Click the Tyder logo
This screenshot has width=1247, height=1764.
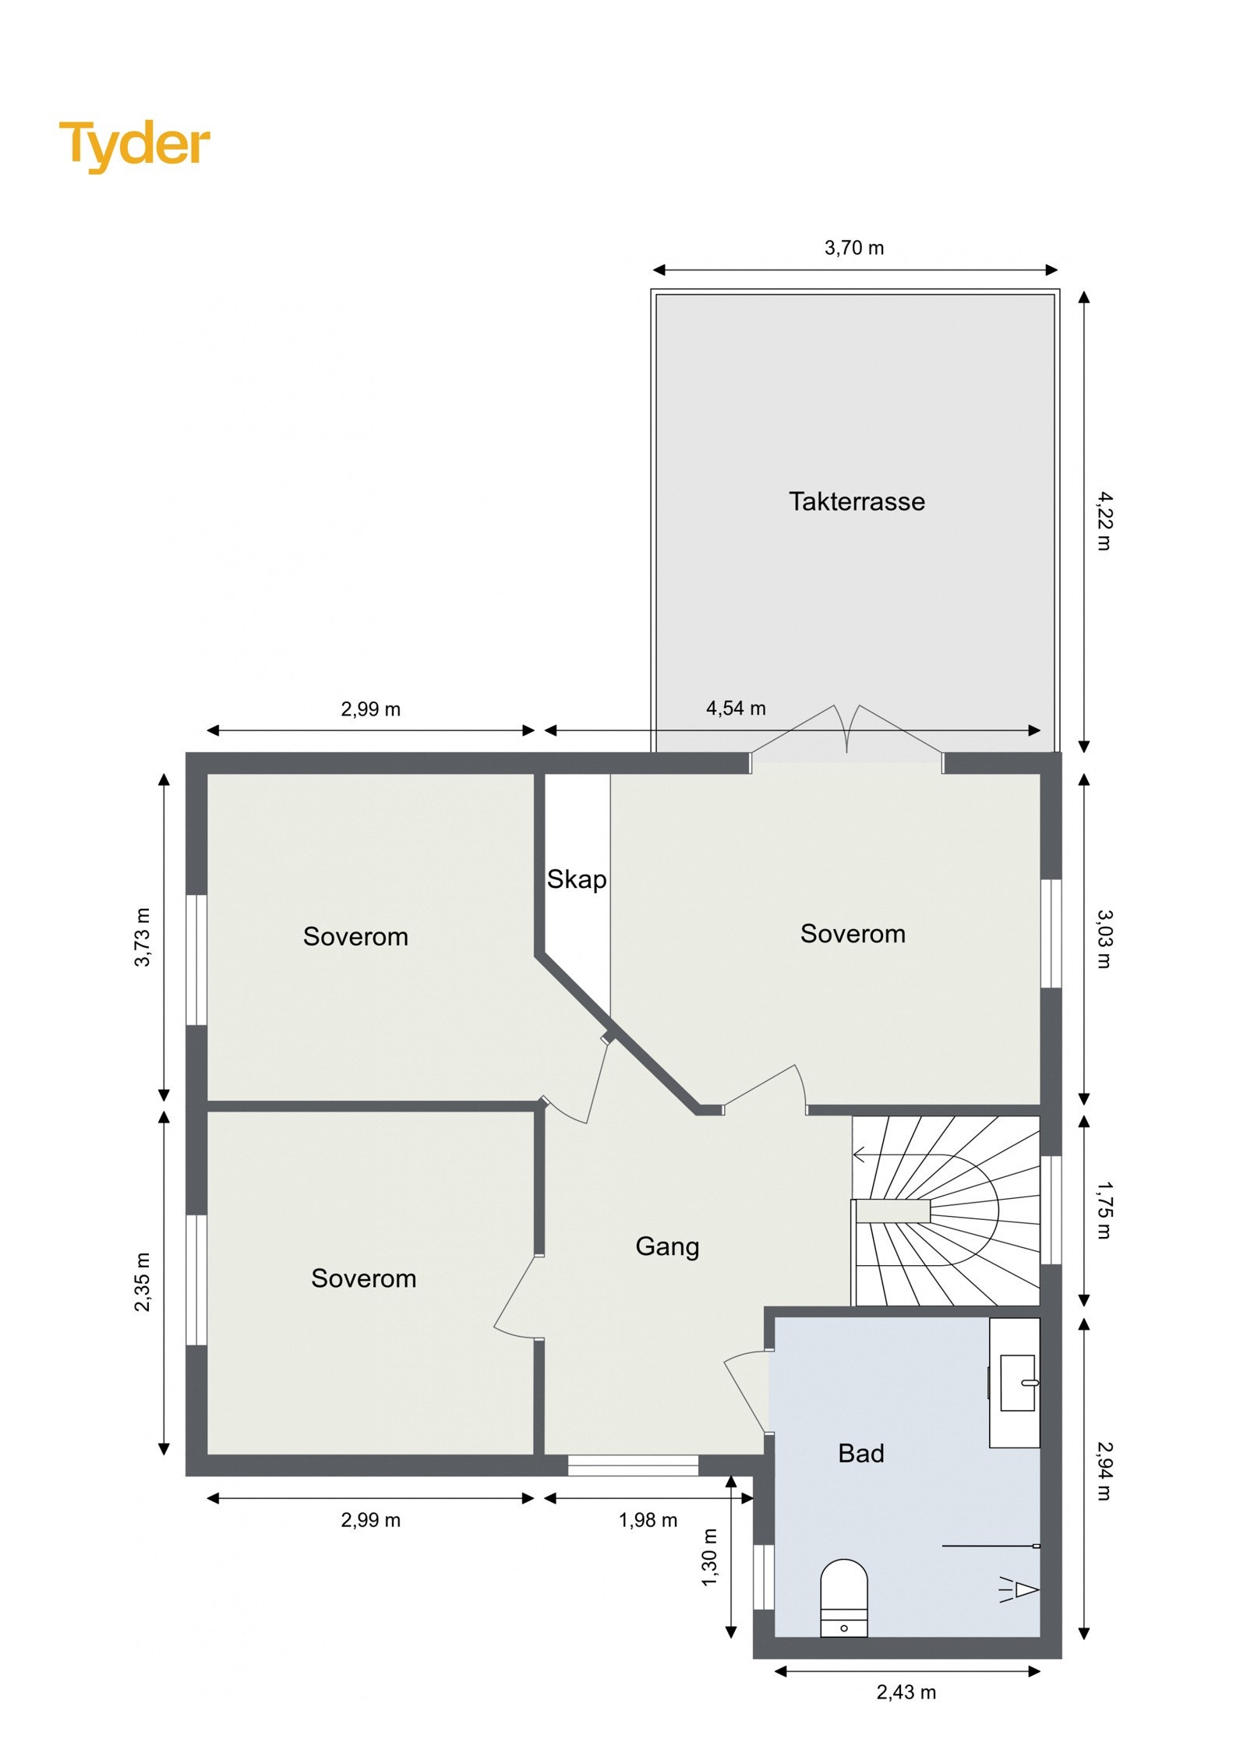pyautogui.click(x=134, y=144)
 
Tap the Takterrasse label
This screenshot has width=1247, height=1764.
pyautogui.click(x=856, y=501)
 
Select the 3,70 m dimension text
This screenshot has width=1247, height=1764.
pyautogui.click(x=853, y=248)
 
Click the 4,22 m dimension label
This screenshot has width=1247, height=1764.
pyautogui.click(x=1104, y=521)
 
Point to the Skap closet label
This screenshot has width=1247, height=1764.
pyautogui.click(x=576, y=879)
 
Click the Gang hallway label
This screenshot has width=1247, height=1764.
pyautogui.click(x=667, y=1246)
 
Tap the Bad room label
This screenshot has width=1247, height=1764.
pyautogui.click(x=860, y=1453)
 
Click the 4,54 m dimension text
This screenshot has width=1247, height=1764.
pyautogui.click(x=735, y=708)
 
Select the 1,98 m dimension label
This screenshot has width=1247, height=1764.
pyautogui.click(x=648, y=1520)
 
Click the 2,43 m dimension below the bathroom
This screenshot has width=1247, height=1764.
pyautogui.click(x=906, y=1692)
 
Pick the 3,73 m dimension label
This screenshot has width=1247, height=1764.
pyautogui.click(x=143, y=937)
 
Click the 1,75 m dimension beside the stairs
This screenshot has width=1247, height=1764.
pyautogui.click(x=1104, y=1210)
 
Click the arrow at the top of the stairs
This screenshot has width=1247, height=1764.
pyautogui.click(x=860, y=1154)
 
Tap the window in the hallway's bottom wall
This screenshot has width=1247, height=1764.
pyautogui.click(x=632, y=1465)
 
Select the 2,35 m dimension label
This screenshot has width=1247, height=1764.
pyautogui.click(x=143, y=1281)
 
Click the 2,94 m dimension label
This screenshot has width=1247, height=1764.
pyautogui.click(x=1104, y=1470)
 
